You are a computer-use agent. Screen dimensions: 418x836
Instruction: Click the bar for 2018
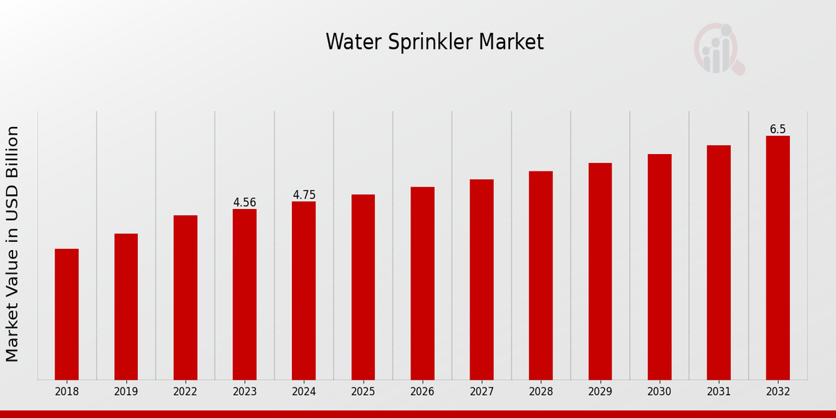(x=67, y=314)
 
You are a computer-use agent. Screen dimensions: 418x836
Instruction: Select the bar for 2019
(x=126, y=307)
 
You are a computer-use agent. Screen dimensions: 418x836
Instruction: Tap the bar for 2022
(x=185, y=297)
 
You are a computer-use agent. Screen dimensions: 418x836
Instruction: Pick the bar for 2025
(x=363, y=287)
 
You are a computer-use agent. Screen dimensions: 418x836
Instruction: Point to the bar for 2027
(x=481, y=279)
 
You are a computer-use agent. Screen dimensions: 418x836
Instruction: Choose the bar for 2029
(x=600, y=271)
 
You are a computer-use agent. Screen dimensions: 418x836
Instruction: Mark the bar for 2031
(x=718, y=263)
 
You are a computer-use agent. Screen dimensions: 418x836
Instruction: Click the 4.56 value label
(x=245, y=203)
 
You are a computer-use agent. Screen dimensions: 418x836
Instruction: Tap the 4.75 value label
(x=304, y=195)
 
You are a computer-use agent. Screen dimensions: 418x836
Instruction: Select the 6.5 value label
(x=777, y=130)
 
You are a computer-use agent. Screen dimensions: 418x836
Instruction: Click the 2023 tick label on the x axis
(x=245, y=392)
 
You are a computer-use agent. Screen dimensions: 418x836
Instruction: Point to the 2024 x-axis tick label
(x=304, y=392)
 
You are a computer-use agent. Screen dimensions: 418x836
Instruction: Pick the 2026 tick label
(x=422, y=392)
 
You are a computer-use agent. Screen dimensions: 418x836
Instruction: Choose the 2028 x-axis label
(x=541, y=392)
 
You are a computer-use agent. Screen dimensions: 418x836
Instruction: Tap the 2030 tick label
(x=659, y=392)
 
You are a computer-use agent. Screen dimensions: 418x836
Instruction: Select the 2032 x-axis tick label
(x=777, y=392)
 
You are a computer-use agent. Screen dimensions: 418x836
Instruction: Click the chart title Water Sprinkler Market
(x=435, y=42)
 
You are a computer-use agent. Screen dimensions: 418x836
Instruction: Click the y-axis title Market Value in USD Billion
(x=13, y=244)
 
